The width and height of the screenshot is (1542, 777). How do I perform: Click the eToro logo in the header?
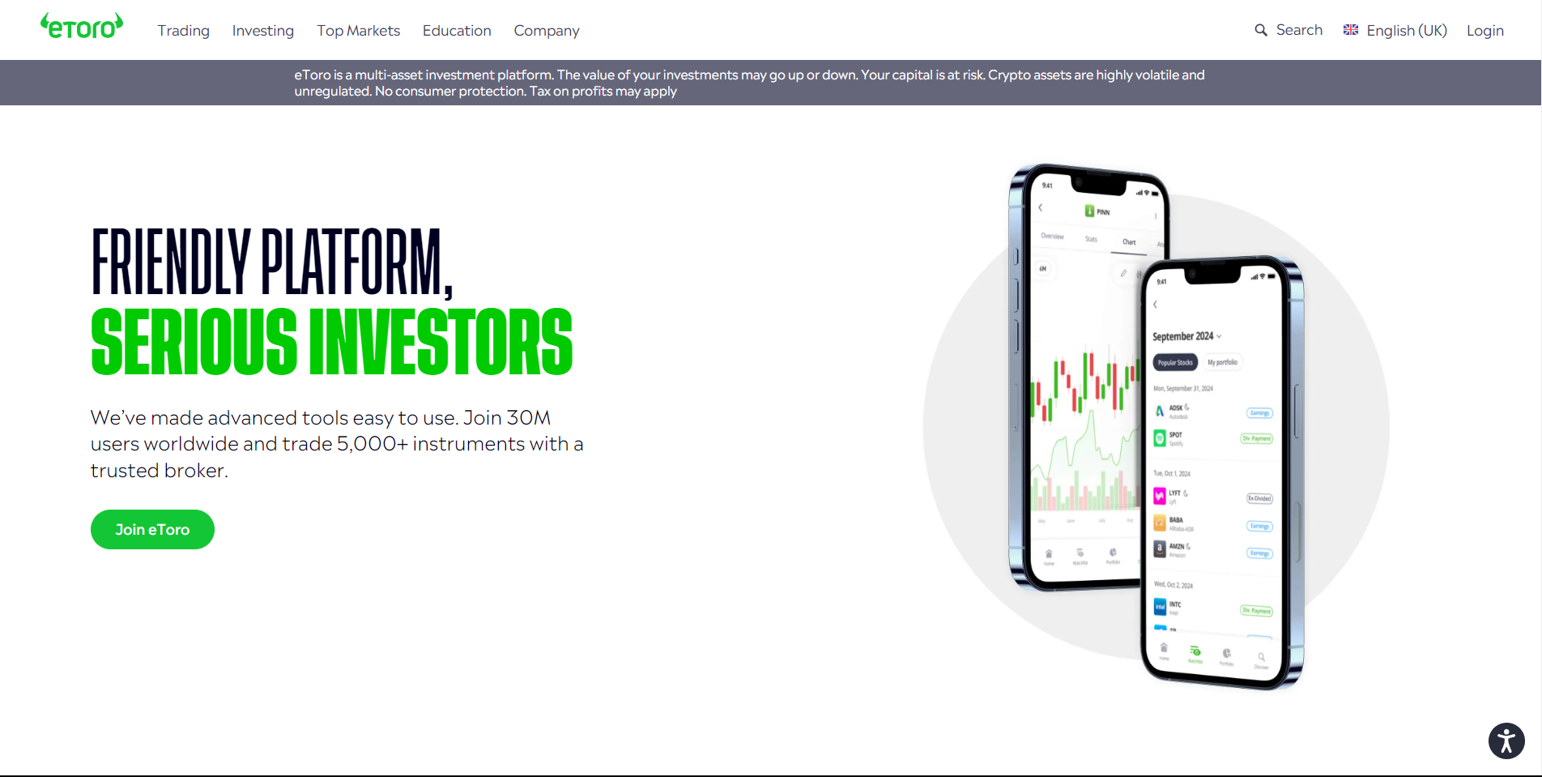pos(82,27)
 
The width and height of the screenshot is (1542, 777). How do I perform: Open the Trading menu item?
pos(183,31)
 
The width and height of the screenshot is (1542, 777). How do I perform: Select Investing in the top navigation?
pos(262,31)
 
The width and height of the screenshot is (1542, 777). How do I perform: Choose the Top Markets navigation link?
pos(358,31)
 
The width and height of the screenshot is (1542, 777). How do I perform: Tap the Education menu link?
pos(457,31)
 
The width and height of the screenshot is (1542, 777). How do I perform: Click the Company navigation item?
pos(547,31)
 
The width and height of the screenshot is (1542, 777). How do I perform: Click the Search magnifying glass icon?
pos(1261,30)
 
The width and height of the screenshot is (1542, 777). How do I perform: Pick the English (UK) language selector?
pos(1395,31)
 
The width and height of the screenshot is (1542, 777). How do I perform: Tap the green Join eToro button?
pos(152,529)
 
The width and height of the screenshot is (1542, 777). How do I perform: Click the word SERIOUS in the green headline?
pos(194,342)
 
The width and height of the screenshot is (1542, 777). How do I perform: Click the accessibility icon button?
pos(1506,741)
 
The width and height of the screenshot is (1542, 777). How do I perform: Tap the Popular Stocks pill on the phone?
pos(1175,362)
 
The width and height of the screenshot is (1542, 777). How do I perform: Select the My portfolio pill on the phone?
pos(1222,362)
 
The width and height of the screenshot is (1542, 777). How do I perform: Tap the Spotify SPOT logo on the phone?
pos(1160,438)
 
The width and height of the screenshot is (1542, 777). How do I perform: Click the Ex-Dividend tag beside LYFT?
pos(1259,498)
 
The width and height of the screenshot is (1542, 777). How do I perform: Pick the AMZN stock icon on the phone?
pos(1160,549)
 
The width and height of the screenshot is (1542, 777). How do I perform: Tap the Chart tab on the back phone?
pos(1129,242)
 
